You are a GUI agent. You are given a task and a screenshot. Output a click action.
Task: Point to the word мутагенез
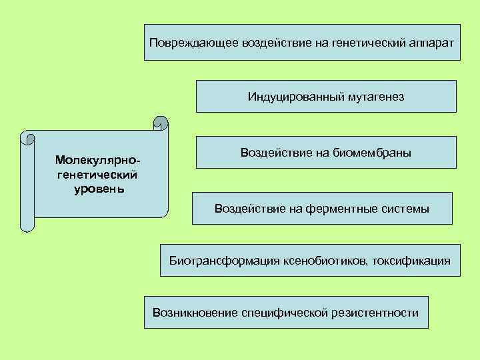pos(375,97)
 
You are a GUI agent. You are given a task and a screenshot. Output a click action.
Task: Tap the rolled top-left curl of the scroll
pos(27,138)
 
